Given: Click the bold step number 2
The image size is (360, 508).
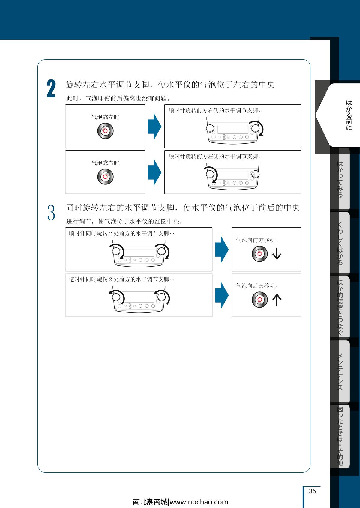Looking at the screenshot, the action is pyautogui.click(x=51, y=89).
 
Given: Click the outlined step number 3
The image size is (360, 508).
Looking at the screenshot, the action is pyautogui.click(x=51, y=212).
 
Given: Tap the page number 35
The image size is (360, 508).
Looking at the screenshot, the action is pyautogui.click(x=312, y=491).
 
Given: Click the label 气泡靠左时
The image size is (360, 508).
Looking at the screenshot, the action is pyautogui.click(x=105, y=117).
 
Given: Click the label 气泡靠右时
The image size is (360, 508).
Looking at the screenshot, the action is pyautogui.click(x=105, y=163).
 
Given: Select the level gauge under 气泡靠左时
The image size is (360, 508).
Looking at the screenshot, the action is pyautogui.click(x=105, y=131).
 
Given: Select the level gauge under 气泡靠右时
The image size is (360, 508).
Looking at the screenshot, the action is pyautogui.click(x=105, y=177).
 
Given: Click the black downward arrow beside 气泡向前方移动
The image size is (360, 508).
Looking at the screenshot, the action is pyautogui.click(x=277, y=253).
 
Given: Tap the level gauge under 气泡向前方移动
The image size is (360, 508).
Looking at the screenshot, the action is pyautogui.click(x=260, y=254).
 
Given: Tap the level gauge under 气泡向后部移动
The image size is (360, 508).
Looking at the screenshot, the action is pyautogui.click(x=260, y=300).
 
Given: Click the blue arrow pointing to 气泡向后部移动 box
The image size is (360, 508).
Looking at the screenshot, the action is pyautogui.click(x=222, y=295).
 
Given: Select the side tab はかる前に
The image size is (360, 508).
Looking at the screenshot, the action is pyautogui.click(x=349, y=115).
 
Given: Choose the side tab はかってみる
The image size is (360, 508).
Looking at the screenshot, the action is pyautogui.click(x=340, y=179).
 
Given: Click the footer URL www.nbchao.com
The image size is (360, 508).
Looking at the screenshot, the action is pyautogui.click(x=199, y=502).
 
